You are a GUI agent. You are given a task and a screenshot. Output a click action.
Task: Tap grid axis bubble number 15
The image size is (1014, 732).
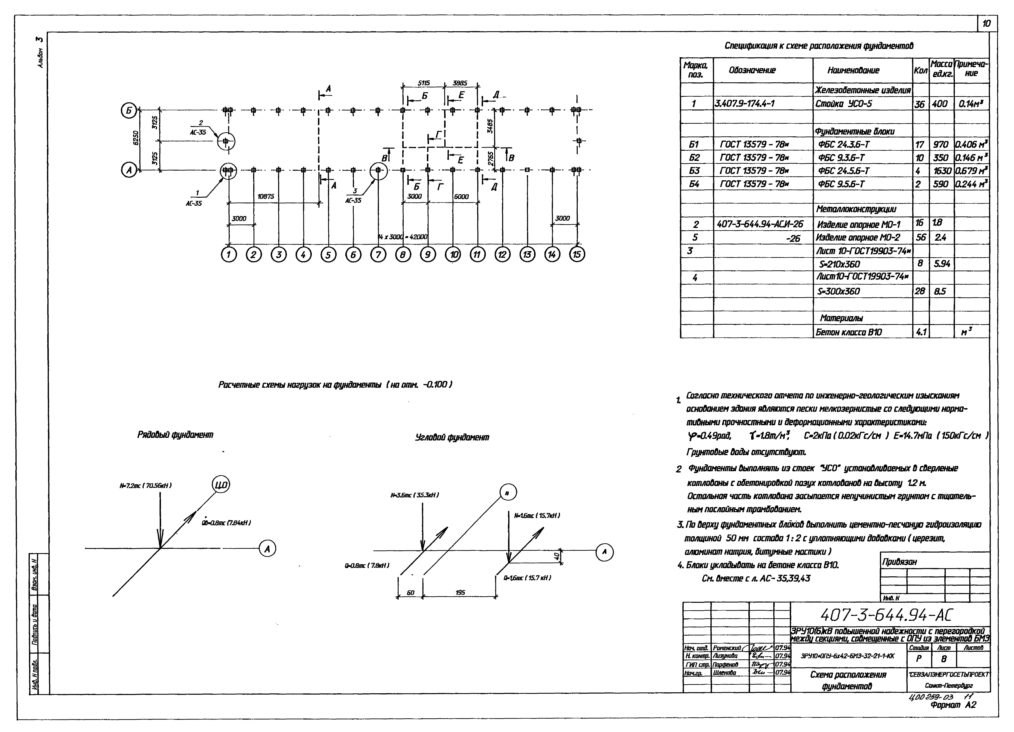(577, 255)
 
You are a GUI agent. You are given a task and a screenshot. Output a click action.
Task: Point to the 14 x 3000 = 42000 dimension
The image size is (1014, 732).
(402, 237)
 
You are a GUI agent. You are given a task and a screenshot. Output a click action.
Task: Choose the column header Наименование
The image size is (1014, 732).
(853, 71)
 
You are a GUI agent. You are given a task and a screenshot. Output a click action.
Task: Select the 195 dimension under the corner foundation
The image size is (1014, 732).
(460, 593)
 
